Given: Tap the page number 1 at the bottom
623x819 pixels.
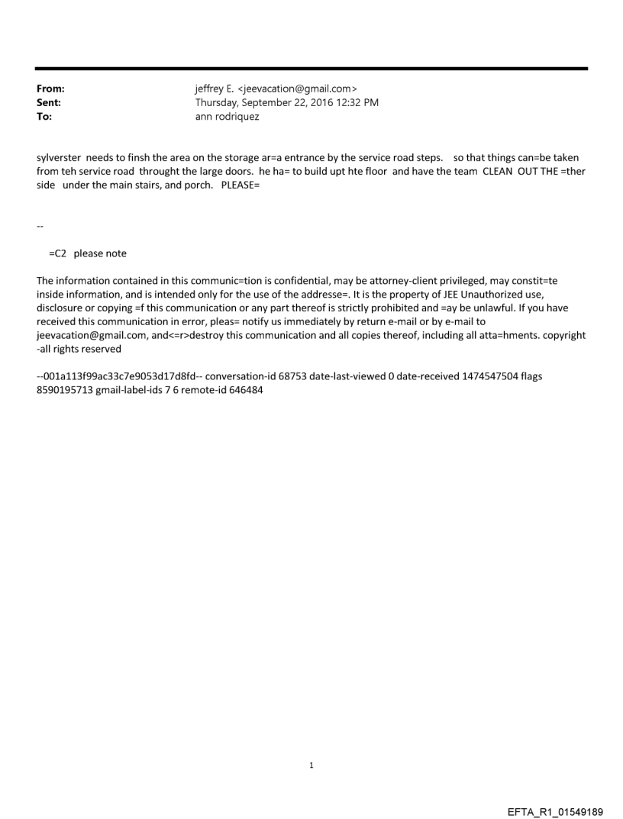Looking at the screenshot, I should coord(311,765).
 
